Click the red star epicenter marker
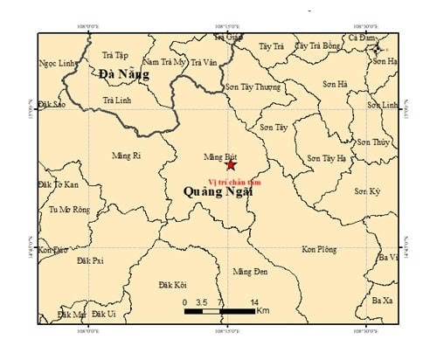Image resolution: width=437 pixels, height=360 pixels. tap(231, 164)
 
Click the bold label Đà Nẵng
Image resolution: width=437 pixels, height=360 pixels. tap(123, 75)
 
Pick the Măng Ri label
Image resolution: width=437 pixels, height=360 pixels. tap(127, 156)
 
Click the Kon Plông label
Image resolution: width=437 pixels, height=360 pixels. tap(319, 250)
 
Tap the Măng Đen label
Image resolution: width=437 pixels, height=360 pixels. tap(250, 272)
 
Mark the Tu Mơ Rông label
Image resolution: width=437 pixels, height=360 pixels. tap(69, 210)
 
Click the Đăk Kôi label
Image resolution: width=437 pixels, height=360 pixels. tap(173, 285)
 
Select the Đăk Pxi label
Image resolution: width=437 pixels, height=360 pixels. tap(90, 260)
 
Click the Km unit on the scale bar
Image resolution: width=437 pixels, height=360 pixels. tap(263, 311)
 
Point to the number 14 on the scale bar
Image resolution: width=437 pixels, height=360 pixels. tap(253, 301)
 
